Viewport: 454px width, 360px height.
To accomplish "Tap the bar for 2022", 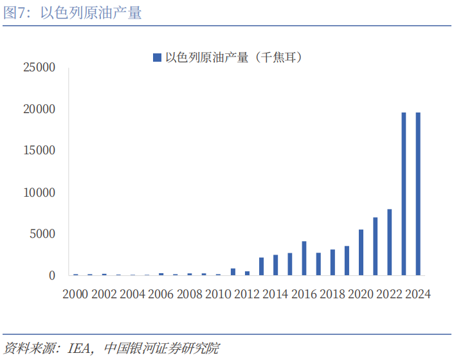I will (390, 242).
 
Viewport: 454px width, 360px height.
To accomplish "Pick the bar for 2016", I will (304, 258).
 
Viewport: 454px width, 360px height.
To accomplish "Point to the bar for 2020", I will (361, 253).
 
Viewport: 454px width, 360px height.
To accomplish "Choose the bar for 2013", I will (262, 267).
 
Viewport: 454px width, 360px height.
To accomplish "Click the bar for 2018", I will (332, 262).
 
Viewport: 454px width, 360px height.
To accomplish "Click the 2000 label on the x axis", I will (75, 294).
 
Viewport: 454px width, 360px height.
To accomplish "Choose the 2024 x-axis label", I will (416, 294).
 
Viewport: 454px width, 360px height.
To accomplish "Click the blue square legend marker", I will (156, 58).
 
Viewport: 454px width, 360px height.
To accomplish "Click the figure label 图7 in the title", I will (15, 13).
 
